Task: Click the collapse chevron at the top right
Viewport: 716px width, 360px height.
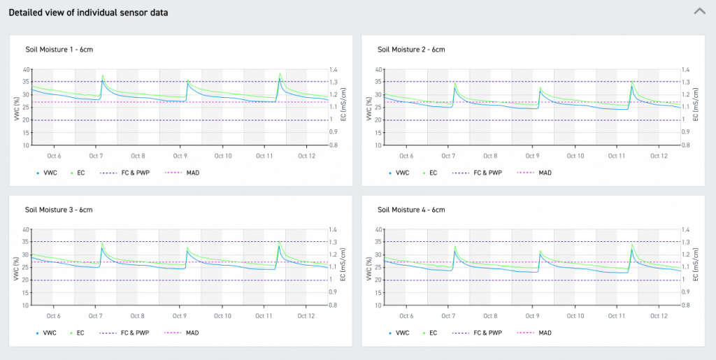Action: coord(699,11)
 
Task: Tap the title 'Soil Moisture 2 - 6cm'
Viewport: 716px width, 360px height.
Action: coord(411,50)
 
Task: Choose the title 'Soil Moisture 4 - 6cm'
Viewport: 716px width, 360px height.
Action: coord(411,209)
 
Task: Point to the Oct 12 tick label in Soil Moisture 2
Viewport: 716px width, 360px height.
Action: coord(659,156)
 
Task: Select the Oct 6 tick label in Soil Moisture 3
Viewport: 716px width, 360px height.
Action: coord(53,316)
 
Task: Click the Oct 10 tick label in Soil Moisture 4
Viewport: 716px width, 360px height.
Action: coord(575,316)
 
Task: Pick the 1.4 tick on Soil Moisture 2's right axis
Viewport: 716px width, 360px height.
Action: coord(687,70)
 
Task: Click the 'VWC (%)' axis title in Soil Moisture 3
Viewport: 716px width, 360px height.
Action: coord(16,268)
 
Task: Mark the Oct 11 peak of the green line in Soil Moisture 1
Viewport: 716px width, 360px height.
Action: coord(280,73)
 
